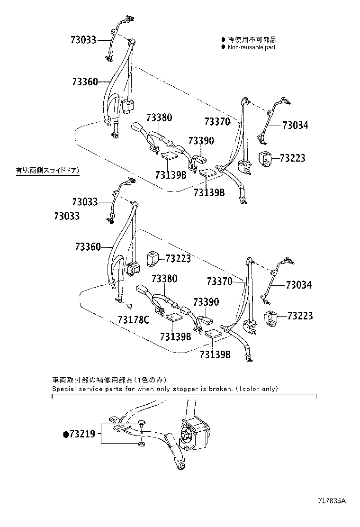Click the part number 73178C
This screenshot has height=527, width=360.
[x=133, y=320]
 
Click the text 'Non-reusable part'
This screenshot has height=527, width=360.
[x=252, y=47]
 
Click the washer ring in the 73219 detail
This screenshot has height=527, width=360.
[x=141, y=445]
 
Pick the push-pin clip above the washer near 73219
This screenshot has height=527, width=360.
[x=141, y=423]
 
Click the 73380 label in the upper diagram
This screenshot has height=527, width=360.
[x=159, y=118]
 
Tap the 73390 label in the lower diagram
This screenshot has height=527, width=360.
[x=206, y=302]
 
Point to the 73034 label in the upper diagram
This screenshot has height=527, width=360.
[x=295, y=126]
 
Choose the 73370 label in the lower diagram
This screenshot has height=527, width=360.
[x=219, y=282]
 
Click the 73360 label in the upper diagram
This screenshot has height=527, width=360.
[x=85, y=82]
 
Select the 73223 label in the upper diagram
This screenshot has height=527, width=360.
[x=292, y=158]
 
